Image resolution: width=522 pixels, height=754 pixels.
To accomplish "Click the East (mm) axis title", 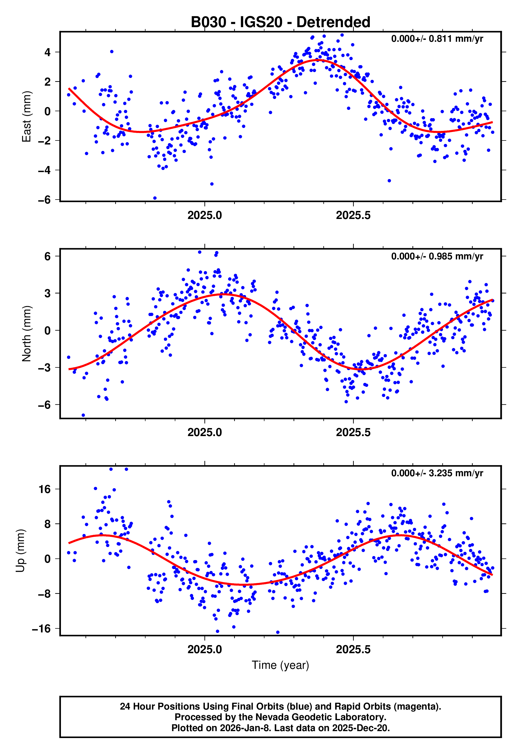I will [x=27, y=117].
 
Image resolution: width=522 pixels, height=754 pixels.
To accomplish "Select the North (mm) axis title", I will [x=27, y=334].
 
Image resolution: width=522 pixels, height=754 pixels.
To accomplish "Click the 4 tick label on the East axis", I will [x=48, y=52].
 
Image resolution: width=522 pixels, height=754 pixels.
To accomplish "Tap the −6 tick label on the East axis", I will [x=44, y=200].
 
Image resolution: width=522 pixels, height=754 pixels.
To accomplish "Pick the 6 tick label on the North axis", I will [x=48, y=256].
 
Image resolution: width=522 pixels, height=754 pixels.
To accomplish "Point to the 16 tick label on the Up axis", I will [x=45, y=490].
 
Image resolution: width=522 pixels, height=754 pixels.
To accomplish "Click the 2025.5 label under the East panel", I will [x=353, y=216].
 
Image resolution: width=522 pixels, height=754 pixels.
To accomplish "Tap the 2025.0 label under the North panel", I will [x=205, y=433].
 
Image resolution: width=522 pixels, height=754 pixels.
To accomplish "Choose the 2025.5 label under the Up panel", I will [x=353, y=649].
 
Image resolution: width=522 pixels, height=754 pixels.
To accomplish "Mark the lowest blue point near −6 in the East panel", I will [x=155, y=198].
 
